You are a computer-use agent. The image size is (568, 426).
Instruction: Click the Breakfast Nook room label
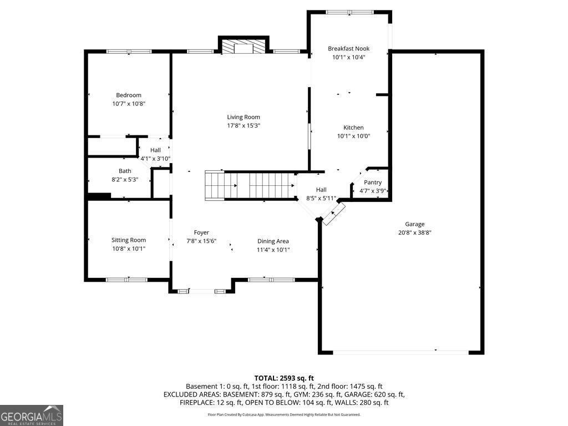pos(348,49)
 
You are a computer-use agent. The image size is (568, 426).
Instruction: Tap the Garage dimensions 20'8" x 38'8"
pos(414,232)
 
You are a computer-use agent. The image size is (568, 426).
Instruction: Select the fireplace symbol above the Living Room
pos(244,48)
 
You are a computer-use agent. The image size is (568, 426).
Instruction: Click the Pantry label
pos(373,182)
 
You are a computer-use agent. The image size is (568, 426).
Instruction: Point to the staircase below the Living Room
pos(250,185)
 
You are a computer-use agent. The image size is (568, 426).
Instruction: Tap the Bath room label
pos(125,171)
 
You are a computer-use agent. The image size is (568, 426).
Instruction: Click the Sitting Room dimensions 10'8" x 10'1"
pos(129,248)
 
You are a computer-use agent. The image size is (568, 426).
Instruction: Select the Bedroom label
pos(129,95)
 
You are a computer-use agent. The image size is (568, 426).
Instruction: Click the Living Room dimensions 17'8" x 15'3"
pos(244,125)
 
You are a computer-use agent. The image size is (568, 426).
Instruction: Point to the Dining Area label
pos(273,241)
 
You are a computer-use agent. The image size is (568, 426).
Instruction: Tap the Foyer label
pos(201,232)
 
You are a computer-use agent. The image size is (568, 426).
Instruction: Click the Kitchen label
pos(353,128)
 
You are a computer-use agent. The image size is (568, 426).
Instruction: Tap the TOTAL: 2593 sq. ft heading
pos(284,378)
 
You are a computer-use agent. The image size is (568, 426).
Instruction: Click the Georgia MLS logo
pos(32,415)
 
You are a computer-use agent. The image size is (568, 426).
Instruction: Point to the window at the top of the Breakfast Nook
pos(349,12)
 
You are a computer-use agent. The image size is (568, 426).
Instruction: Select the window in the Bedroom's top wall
pos(129,52)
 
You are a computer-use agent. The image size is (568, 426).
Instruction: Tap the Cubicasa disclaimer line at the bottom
pos(284,414)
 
